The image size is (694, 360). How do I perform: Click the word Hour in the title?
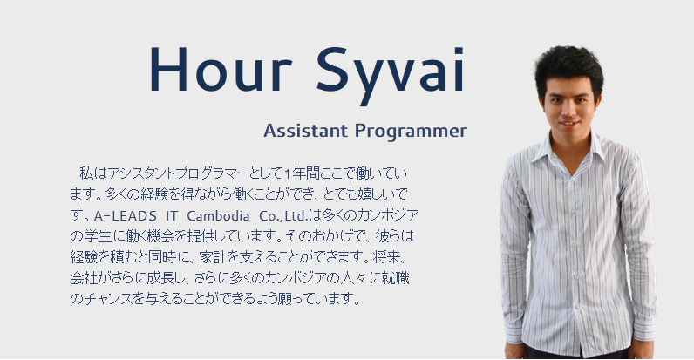click(221, 69)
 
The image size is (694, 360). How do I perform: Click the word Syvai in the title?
click(391, 75)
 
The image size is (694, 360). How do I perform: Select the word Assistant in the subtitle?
click(305, 131)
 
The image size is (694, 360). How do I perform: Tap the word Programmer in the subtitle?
click(411, 132)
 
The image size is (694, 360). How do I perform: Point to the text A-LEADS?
click(126, 216)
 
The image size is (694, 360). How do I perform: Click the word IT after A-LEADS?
click(172, 216)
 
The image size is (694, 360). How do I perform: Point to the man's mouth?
click(569, 124)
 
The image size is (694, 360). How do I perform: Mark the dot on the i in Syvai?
click(459, 50)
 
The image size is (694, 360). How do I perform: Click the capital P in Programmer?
click(360, 131)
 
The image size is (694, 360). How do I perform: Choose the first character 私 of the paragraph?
click(86, 173)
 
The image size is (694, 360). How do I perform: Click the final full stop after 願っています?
click(357, 303)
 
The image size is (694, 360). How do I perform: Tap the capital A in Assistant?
click(270, 131)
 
